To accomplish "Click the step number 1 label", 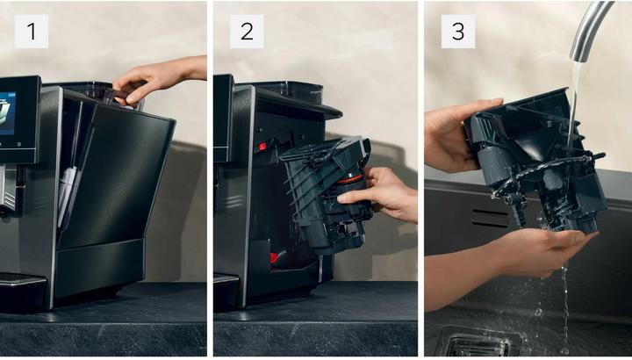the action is [x=32, y=32].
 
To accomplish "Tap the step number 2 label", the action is [x=247, y=32].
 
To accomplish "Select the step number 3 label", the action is [x=458, y=32].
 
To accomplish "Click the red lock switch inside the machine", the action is [x=262, y=147].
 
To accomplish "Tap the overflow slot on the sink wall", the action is [x=490, y=218].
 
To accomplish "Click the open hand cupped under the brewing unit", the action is [x=516, y=258].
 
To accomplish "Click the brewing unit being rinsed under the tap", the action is [x=536, y=162].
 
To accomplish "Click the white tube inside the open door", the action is [x=66, y=193].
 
